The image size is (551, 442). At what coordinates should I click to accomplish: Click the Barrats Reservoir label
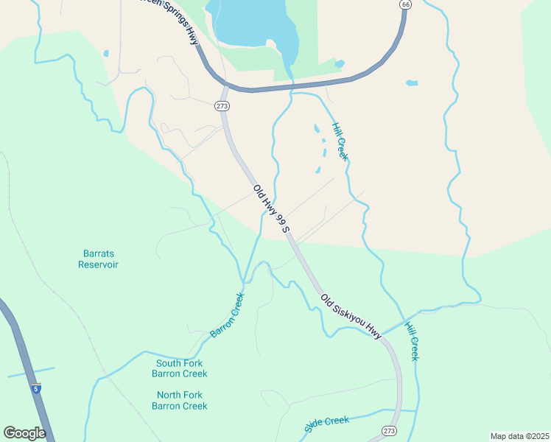(x=98, y=259)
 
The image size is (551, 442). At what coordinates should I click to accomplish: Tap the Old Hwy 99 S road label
(x=272, y=209)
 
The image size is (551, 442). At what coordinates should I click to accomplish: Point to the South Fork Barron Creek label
(x=179, y=368)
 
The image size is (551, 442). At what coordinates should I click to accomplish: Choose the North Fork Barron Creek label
(x=179, y=400)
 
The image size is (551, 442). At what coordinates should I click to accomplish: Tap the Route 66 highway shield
(x=405, y=4)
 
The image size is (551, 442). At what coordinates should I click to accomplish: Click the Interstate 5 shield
(x=36, y=388)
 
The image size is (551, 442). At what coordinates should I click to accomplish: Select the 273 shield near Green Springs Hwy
(x=222, y=106)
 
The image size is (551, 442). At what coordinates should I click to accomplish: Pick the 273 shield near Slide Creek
(x=390, y=429)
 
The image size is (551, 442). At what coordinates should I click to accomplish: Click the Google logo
(x=24, y=433)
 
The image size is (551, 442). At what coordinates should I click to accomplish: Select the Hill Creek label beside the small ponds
(x=339, y=141)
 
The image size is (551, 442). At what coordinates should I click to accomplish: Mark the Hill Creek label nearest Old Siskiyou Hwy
(x=413, y=338)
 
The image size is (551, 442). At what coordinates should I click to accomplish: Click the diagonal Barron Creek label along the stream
(x=227, y=315)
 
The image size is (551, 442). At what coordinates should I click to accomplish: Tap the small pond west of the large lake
(x=106, y=53)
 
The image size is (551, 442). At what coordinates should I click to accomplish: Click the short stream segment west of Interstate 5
(x=31, y=372)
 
